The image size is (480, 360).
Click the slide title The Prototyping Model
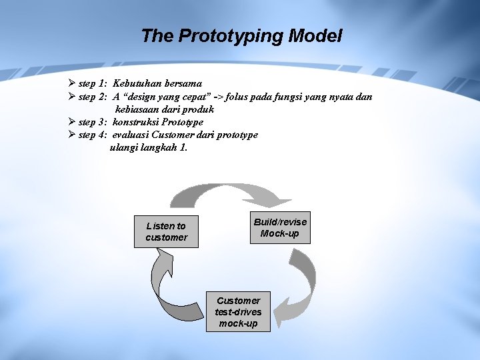(x=241, y=36)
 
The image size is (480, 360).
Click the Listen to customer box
(x=166, y=231)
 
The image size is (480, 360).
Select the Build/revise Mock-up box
(x=280, y=227)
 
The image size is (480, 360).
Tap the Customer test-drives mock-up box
(x=238, y=311)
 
